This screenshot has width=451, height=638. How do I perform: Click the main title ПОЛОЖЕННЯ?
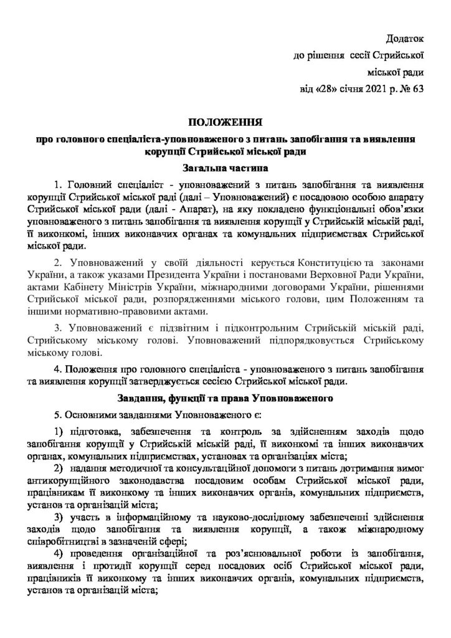pos(225,121)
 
